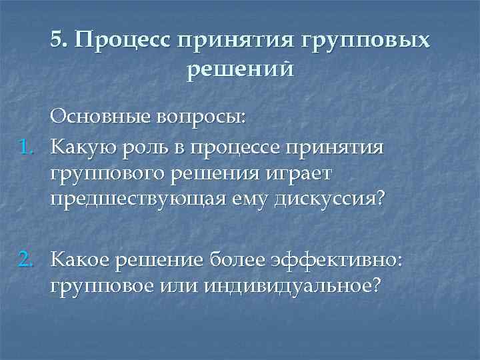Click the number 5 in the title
tap(56, 41)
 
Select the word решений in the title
tap(240, 68)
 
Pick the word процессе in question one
tap(236, 146)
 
